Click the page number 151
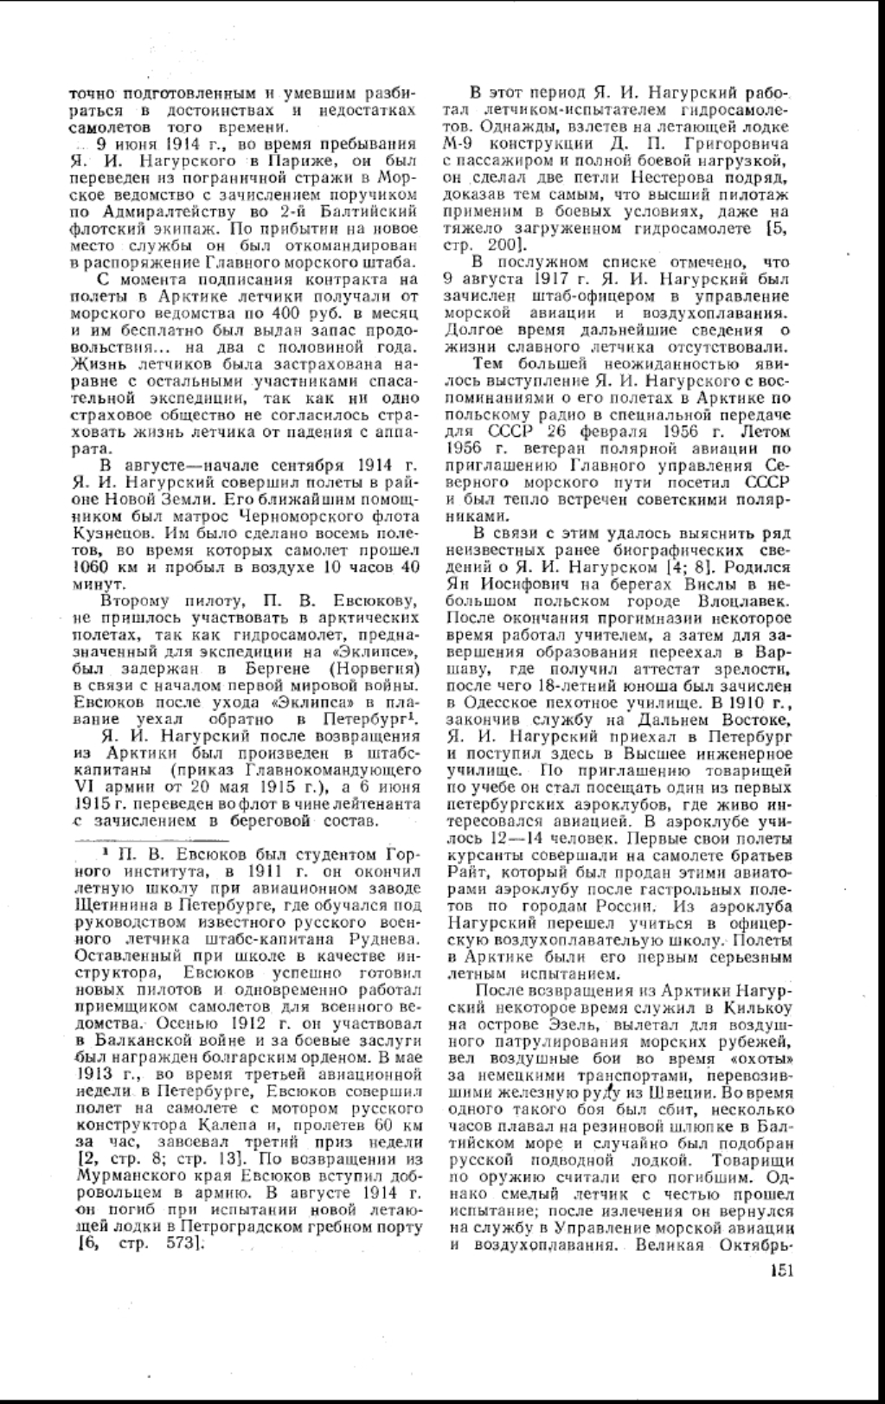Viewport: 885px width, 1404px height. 779,1271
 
